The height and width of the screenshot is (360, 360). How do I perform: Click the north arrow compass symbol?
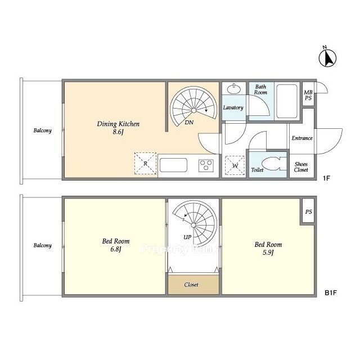click(x=327, y=57)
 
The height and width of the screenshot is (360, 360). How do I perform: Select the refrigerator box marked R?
click(x=145, y=164)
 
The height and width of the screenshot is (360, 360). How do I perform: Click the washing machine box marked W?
click(x=235, y=165)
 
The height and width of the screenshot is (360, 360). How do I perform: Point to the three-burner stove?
click(x=206, y=165)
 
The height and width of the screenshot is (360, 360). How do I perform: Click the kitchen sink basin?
click(x=173, y=165)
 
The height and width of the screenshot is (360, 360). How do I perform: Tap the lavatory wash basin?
click(x=234, y=89)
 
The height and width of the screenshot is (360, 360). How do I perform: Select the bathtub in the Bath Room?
click(x=287, y=101)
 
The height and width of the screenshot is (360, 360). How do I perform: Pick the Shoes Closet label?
click(x=301, y=167)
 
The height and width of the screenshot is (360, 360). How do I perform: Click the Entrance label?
click(x=302, y=138)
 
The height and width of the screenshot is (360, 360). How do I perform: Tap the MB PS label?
click(x=308, y=95)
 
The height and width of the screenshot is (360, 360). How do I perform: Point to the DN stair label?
click(x=189, y=123)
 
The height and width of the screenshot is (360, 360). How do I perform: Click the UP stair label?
click(x=187, y=237)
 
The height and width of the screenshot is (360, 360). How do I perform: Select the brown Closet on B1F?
click(x=193, y=285)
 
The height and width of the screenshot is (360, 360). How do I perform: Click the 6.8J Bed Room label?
click(x=116, y=245)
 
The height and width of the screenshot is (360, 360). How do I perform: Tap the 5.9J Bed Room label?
click(x=268, y=248)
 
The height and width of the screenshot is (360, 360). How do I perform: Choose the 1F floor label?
click(x=326, y=178)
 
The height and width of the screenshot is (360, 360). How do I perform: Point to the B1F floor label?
click(x=331, y=293)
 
